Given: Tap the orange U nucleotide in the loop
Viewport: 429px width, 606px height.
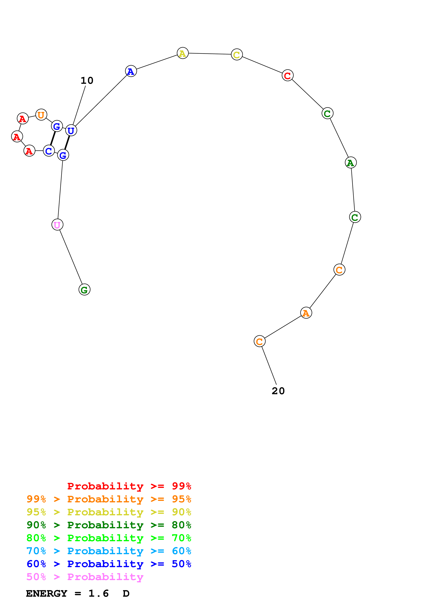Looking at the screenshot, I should (x=41, y=115).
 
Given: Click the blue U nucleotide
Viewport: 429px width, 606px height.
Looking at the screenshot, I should (x=71, y=130).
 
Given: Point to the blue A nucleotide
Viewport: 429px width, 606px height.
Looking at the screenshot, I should (x=131, y=71).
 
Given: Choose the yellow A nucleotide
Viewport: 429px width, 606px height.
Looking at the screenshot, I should (x=182, y=53).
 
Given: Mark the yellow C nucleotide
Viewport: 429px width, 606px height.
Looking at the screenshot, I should (x=237, y=55).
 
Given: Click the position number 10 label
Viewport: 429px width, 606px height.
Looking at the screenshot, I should (x=87, y=81).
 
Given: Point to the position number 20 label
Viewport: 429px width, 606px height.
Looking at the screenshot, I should (x=278, y=391).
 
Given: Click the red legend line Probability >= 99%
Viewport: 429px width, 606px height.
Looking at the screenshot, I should (x=129, y=486).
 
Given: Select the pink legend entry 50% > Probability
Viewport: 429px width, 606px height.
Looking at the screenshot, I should (x=85, y=577).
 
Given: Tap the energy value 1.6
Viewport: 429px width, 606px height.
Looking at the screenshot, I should (x=98, y=594).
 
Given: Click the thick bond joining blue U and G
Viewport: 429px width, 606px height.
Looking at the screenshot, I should (x=67, y=143).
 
